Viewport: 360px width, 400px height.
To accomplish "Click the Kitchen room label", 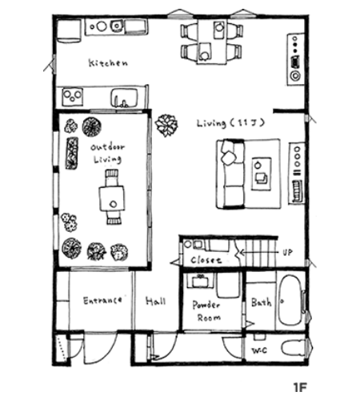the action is pos(108,63).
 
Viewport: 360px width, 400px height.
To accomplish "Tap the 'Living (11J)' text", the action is pos(231,123).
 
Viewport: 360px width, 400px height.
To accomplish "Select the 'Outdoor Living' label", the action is pos(107,154).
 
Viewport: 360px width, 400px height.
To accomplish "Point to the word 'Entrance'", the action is pos(102,301).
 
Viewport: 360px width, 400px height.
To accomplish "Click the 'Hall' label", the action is pos(156,301).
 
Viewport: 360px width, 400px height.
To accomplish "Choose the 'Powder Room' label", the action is pos(206,311).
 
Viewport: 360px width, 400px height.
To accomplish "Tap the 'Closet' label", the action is pos(206,260).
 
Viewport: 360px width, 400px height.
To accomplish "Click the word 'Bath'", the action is pos(262,302).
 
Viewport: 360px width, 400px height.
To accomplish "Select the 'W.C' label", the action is pos(259,350).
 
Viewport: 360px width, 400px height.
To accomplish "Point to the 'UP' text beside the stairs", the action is pos(287,252).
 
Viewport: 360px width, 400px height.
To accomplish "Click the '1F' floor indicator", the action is pos(300,386).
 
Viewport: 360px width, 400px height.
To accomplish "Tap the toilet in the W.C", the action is pos(293,348).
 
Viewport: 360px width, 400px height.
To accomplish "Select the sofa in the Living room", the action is pos(231,174).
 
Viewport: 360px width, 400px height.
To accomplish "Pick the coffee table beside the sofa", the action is pos(262,174).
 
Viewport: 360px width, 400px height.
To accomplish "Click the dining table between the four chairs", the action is pos(212,42).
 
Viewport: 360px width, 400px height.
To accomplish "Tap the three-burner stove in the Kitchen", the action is pos(73,97).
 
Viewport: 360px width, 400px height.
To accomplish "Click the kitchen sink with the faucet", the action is pos(125,98).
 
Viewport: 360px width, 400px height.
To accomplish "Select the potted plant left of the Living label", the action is pos(166,126).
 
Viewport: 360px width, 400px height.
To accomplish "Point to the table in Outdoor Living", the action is pos(112,198).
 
